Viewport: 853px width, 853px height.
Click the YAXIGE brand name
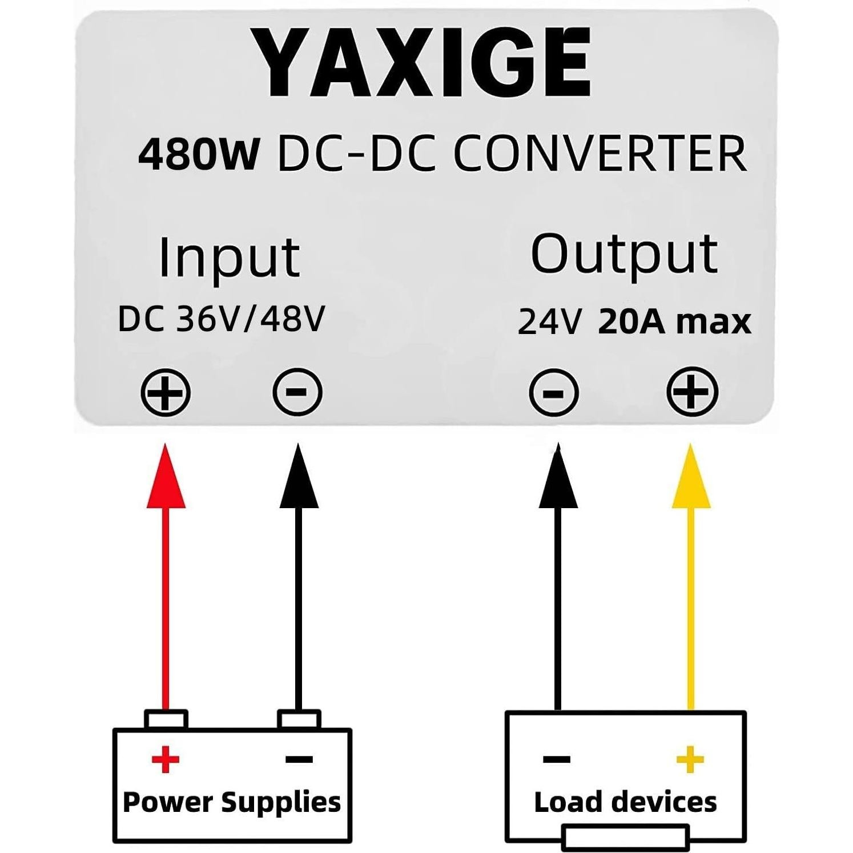pyautogui.click(x=421, y=63)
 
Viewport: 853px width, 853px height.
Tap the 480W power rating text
pyautogui.click(x=199, y=154)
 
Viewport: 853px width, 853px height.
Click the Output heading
pyautogui.click(x=623, y=254)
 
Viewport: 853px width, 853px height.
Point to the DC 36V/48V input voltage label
pyautogui.click(x=222, y=319)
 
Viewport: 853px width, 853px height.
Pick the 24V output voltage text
pyautogui.click(x=549, y=321)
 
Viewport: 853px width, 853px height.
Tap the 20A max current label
pyautogui.click(x=674, y=321)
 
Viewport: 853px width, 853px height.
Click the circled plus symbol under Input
pyautogui.click(x=166, y=393)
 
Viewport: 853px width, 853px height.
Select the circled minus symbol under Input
pyautogui.click(x=297, y=392)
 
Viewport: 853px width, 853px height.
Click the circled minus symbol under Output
pyautogui.click(x=553, y=393)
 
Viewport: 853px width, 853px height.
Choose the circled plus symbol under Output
pyautogui.click(x=692, y=392)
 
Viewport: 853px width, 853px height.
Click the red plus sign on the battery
pyautogui.click(x=166, y=759)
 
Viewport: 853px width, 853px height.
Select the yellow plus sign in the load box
pyautogui.click(x=690, y=759)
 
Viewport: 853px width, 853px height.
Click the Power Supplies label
pyautogui.click(x=232, y=802)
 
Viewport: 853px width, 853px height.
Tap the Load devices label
pyautogui.click(x=625, y=802)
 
